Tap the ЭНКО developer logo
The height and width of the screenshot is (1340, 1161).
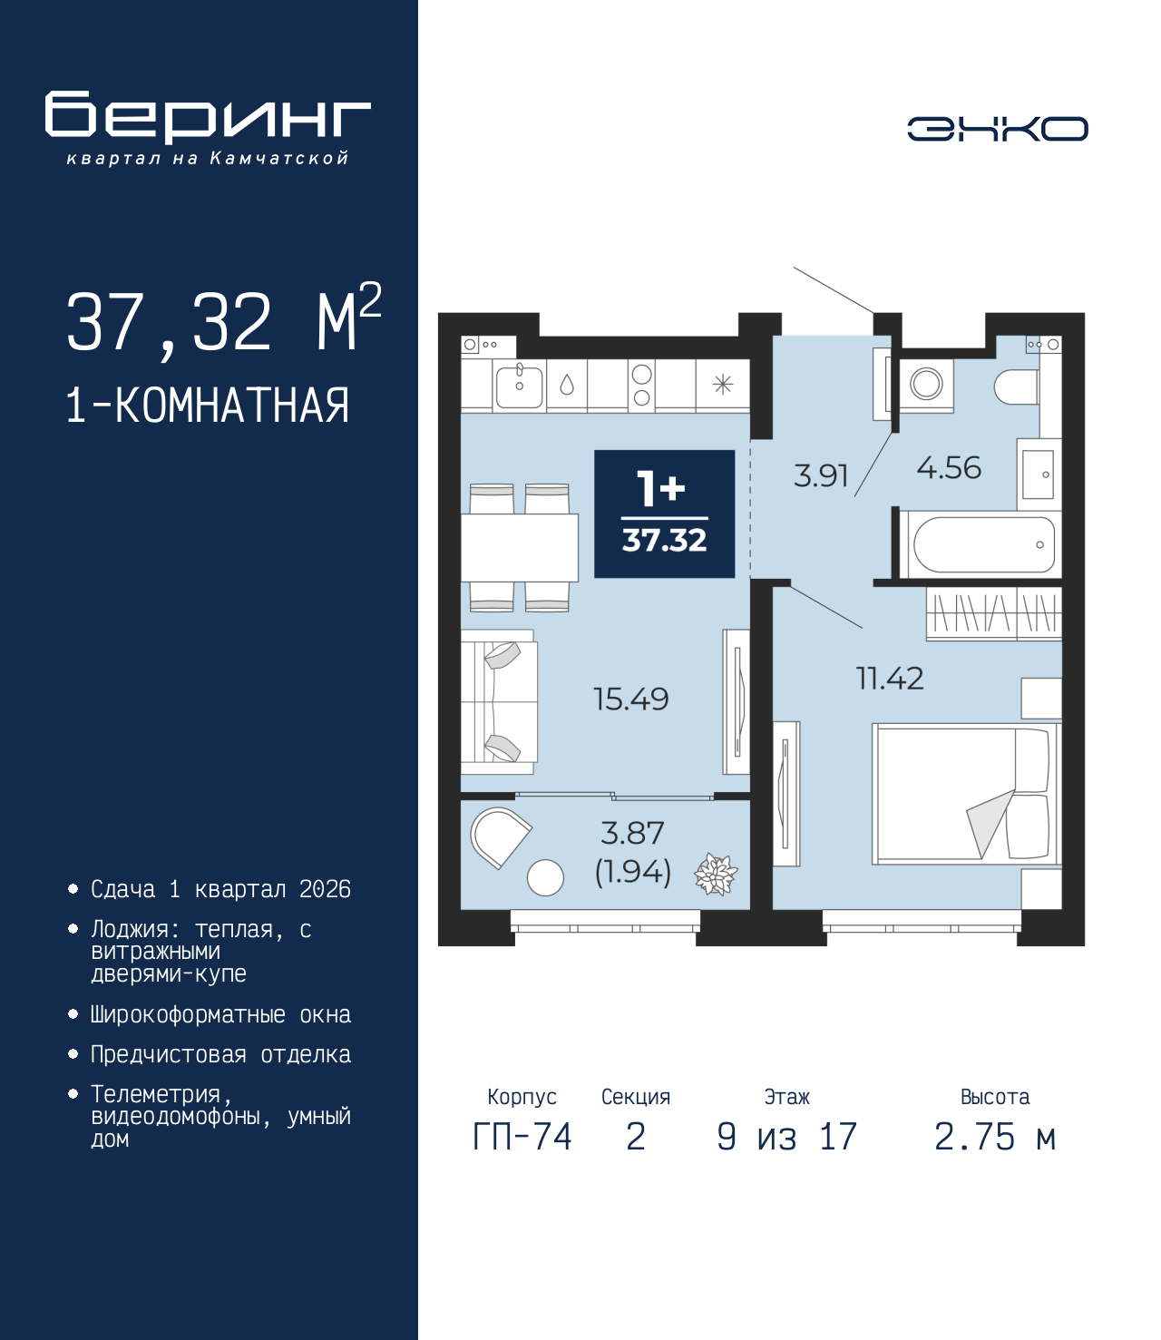[997, 129]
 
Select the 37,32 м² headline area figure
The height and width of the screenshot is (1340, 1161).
[223, 321]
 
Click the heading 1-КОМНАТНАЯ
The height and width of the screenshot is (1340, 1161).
[208, 406]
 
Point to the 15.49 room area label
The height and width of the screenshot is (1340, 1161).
[630, 699]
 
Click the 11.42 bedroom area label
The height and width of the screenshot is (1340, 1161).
[890, 679]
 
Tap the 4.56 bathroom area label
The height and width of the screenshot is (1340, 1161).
[949, 468]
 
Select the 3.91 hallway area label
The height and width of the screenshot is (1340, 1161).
[820, 475]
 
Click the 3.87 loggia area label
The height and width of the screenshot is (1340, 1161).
[632, 833]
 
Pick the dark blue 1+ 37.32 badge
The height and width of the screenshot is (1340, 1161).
[664, 514]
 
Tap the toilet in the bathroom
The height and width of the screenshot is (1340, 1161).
[1016, 386]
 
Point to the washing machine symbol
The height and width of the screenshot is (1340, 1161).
[926, 384]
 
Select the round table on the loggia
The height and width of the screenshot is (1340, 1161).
[545, 877]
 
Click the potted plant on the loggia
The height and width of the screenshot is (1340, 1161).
[716, 875]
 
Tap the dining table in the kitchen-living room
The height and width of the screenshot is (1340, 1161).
[520, 547]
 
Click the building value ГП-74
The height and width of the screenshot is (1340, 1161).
[522, 1137]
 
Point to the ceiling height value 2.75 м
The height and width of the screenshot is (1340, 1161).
[994, 1137]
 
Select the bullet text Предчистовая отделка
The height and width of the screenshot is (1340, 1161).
[220, 1054]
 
